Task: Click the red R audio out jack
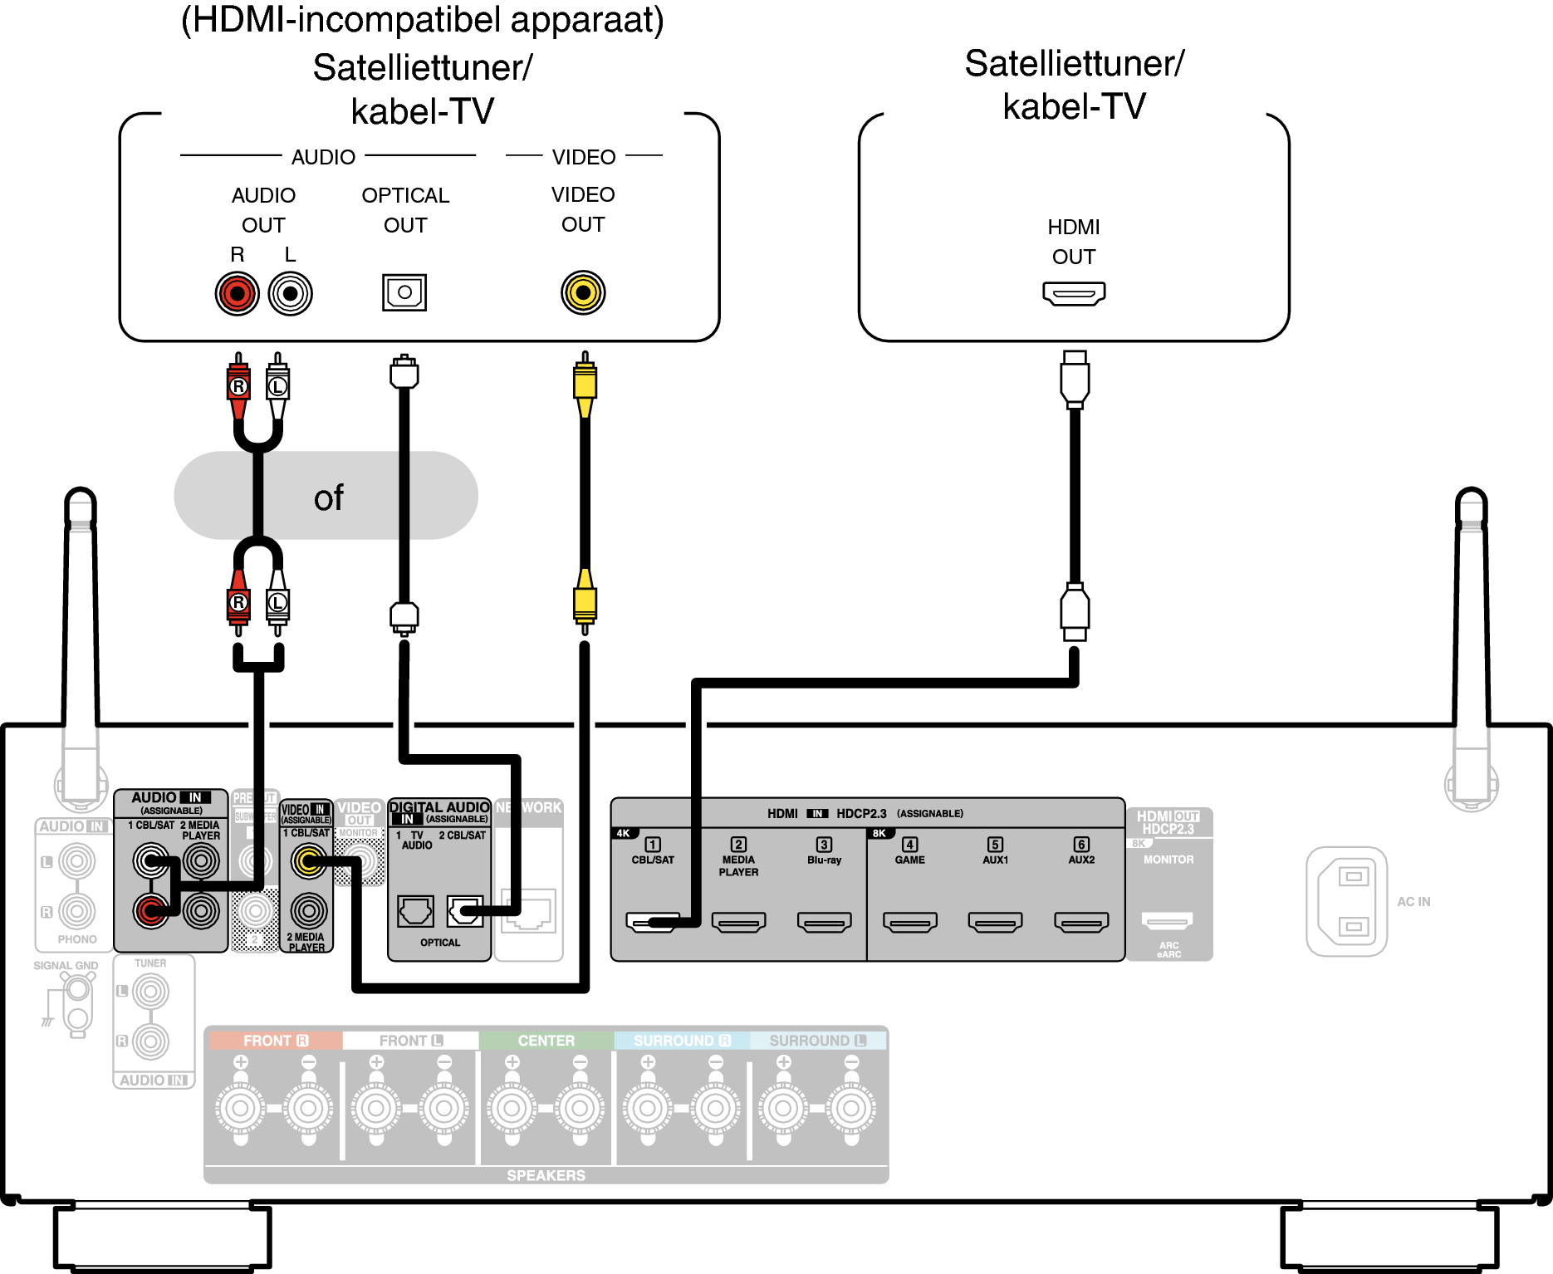tap(238, 293)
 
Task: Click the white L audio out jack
tap(290, 293)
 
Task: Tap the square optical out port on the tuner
tap(404, 292)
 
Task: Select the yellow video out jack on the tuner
tap(583, 292)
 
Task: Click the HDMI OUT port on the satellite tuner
tap(1074, 293)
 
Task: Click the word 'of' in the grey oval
tap(328, 498)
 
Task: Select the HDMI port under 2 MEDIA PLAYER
tap(739, 922)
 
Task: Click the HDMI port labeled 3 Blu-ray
tap(825, 922)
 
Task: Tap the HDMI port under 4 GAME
tap(910, 922)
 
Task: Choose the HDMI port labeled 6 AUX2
tap(1081, 922)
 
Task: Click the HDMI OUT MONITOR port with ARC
tap(1168, 920)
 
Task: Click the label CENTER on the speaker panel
tap(546, 1041)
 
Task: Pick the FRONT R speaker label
tap(275, 1041)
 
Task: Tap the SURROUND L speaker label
tap(817, 1041)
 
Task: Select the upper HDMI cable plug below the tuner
tap(1075, 378)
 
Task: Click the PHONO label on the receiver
tap(77, 939)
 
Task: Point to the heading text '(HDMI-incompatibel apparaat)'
tap(422, 20)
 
